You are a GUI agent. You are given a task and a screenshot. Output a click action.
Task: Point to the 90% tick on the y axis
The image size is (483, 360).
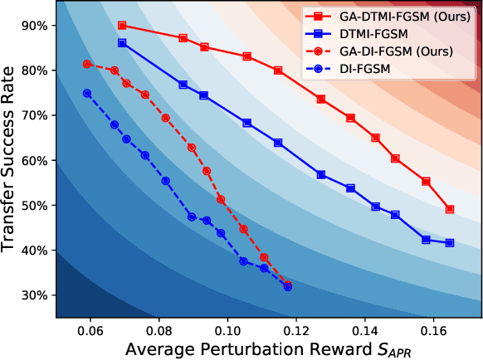pyautogui.click(x=37, y=26)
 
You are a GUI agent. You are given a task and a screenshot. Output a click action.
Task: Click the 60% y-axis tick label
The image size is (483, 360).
pyautogui.click(x=37, y=160)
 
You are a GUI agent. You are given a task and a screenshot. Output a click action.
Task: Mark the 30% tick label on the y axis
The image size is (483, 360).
pyautogui.click(x=37, y=295)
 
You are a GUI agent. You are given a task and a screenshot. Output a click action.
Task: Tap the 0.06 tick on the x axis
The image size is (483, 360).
pyautogui.click(x=90, y=329)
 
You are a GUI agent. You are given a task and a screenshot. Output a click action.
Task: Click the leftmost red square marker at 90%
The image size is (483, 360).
pyautogui.click(x=122, y=26)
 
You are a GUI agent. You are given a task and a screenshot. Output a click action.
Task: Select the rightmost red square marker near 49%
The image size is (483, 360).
pyautogui.click(x=450, y=209)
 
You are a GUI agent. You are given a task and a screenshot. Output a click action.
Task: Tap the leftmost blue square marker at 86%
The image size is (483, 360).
pyautogui.click(x=122, y=43)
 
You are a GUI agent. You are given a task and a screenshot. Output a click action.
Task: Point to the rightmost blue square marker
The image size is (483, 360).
pyautogui.click(x=450, y=243)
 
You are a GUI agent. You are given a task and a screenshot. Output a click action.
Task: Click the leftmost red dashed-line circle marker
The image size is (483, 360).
pyautogui.click(x=87, y=64)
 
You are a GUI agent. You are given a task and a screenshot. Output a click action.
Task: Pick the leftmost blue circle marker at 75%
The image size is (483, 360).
pyautogui.click(x=87, y=93)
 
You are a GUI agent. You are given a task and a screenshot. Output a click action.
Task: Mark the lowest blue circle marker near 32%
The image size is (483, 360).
pyautogui.click(x=287, y=287)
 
